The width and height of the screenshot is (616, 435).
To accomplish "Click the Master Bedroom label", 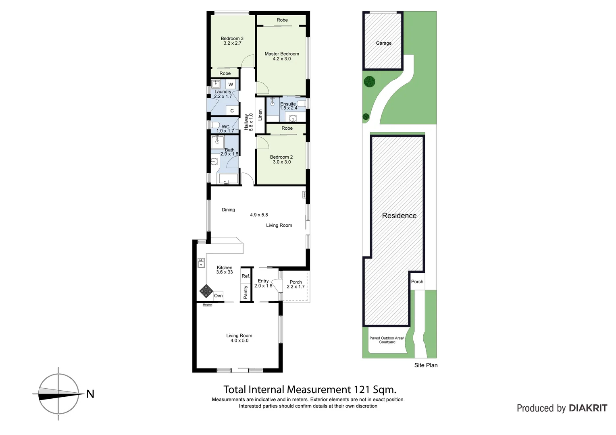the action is point(282,54).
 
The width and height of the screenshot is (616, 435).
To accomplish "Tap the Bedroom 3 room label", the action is point(232,39).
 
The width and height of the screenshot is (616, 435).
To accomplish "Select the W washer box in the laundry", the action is point(231,85).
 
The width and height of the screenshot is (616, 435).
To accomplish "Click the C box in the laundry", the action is point(232,111).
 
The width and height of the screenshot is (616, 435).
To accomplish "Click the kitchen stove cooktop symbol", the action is point(206,291).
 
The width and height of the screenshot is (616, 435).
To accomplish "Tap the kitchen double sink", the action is point(201,263).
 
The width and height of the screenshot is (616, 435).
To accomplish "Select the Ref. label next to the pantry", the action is point(246,276).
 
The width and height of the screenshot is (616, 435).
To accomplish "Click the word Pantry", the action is point(246,292).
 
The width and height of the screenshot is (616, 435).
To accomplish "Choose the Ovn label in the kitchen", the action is point(218,296).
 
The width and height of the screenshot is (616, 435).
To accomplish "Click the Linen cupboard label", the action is point(260,115).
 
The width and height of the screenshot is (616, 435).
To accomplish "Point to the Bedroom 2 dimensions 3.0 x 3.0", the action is point(282,162).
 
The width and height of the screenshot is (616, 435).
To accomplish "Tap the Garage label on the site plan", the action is point(384,43).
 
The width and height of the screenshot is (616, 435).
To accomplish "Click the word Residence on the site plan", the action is point(399,215).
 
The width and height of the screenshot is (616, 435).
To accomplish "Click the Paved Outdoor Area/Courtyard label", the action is point(387,340).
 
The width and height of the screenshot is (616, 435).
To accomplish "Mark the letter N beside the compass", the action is point(90,394).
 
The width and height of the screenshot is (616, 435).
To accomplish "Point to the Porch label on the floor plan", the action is point(296,282).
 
